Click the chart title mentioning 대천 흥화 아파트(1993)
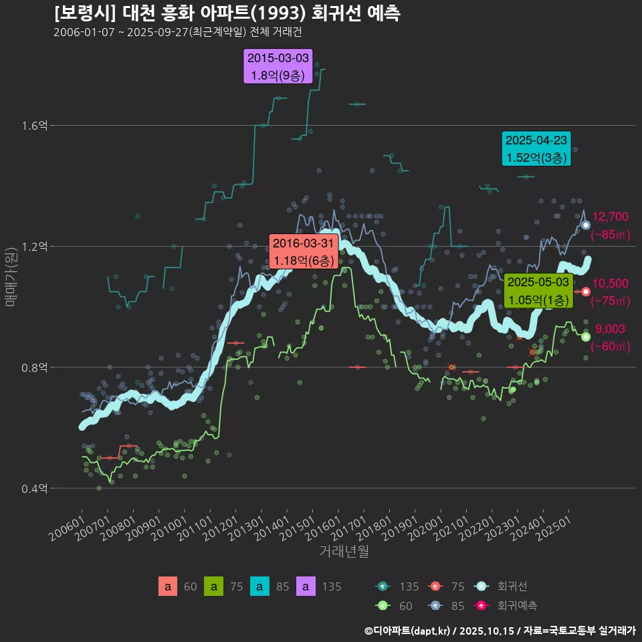[227, 13]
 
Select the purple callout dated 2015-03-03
[278, 67]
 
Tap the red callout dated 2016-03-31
[302, 251]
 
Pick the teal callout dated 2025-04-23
[536, 148]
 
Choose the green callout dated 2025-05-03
[538, 291]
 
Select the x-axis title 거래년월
[344, 552]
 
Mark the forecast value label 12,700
[611, 217]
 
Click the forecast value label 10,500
[611, 284]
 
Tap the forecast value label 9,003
[610, 329]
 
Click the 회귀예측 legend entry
[517, 605]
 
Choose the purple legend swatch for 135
[306, 587]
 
